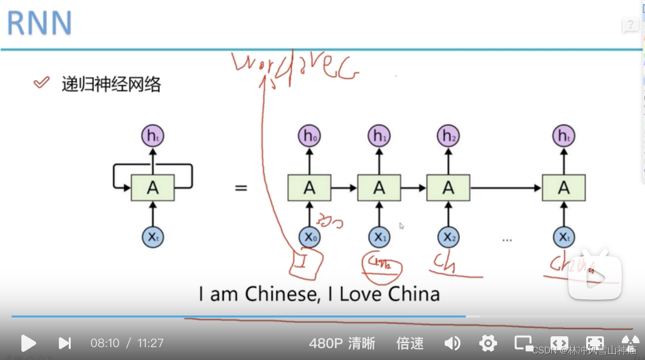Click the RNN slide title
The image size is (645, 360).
pyautogui.click(x=40, y=23)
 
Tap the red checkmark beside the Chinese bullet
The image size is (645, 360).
pyautogui.click(x=42, y=83)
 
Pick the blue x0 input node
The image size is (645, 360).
pyautogui.click(x=309, y=237)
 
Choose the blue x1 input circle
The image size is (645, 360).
pyautogui.click(x=379, y=237)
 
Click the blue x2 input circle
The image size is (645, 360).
pyautogui.click(x=448, y=237)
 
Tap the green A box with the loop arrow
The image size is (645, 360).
pyautogui.click(x=152, y=187)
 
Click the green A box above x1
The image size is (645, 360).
pyautogui.click(x=379, y=187)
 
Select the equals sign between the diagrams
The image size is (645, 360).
pyautogui.click(x=241, y=188)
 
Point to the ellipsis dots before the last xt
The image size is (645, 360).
pyautogui.click(x=507, y=240)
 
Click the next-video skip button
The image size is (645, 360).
pyautogui.click(x=65, y=343)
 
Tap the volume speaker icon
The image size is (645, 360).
pyautogui.click(x=452, y=343)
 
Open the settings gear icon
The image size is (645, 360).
pyautogui.click(x=488, y=343)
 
